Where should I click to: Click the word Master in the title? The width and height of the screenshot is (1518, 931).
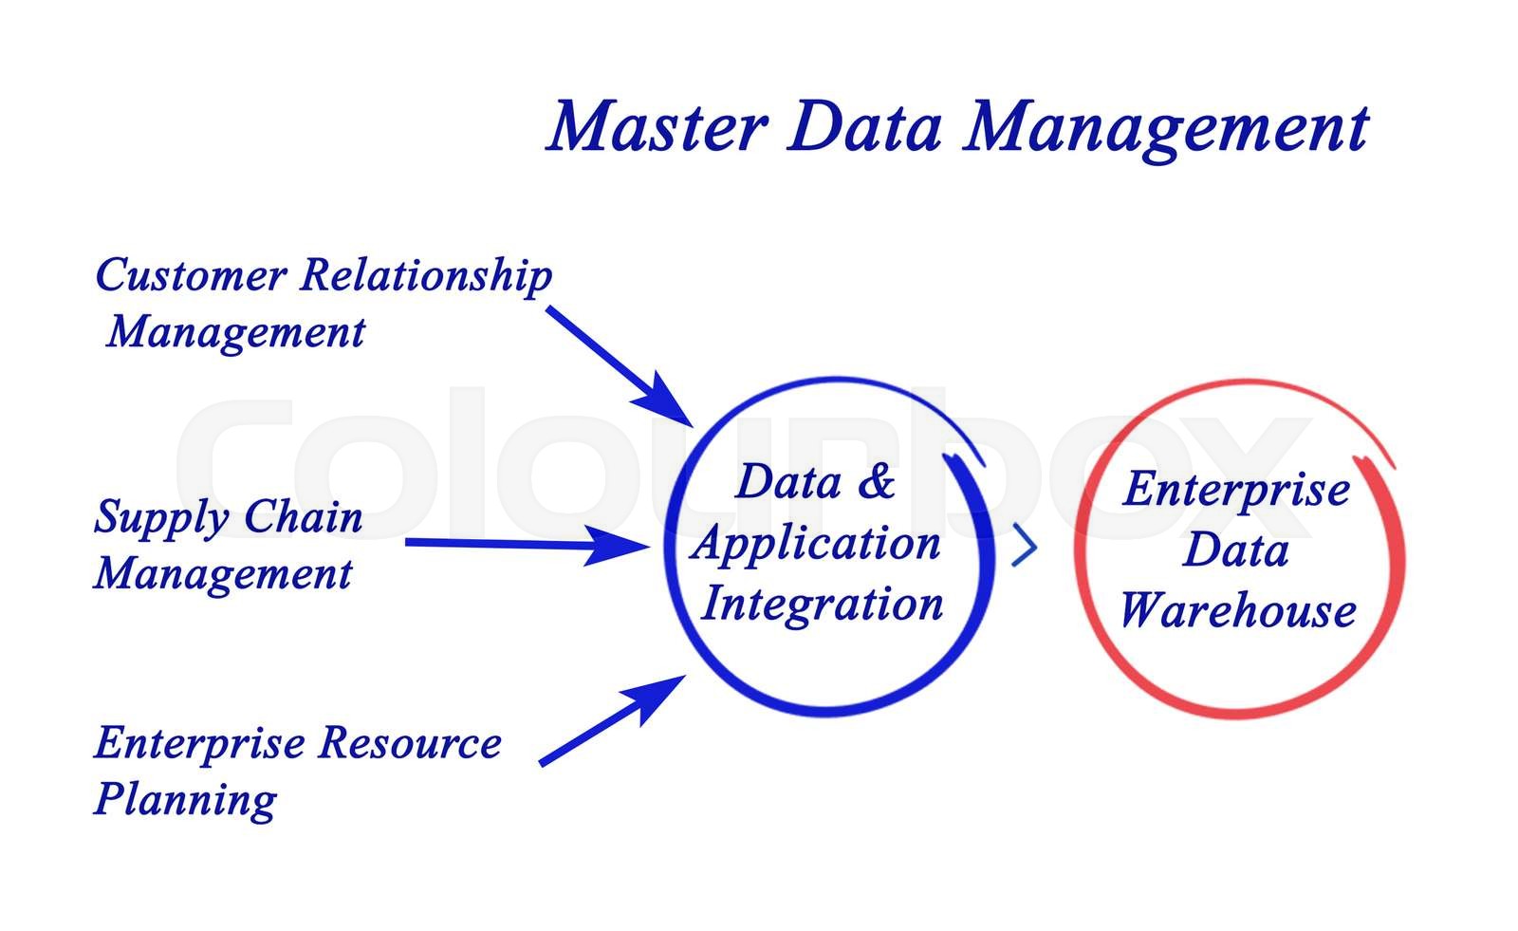point(657,126)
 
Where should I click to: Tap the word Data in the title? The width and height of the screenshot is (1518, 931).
point(864,126)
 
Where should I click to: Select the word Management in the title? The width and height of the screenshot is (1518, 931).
point(1166,131)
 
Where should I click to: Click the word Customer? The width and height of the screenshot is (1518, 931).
point(191,274)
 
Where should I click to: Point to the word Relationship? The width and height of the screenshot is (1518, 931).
point(426,277)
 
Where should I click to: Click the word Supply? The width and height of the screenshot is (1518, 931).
point(161,519)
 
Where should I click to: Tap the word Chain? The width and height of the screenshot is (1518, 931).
point(303,516)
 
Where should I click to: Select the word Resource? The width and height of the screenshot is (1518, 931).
point(410,742)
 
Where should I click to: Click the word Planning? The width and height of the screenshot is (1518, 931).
point(185,801)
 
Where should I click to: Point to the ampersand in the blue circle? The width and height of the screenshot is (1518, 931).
point(877,481)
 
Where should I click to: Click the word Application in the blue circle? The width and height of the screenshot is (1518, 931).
point(817,545)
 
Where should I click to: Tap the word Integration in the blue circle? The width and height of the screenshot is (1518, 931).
point(822,605)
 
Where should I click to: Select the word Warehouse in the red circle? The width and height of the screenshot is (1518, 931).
point(1237,609)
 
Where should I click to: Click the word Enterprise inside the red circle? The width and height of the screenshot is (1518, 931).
point(1236,491)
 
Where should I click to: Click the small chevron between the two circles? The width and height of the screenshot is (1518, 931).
point(1026,545)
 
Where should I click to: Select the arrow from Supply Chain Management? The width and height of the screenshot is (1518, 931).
point(528,545)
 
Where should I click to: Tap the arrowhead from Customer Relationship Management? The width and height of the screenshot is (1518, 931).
point(664,401)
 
